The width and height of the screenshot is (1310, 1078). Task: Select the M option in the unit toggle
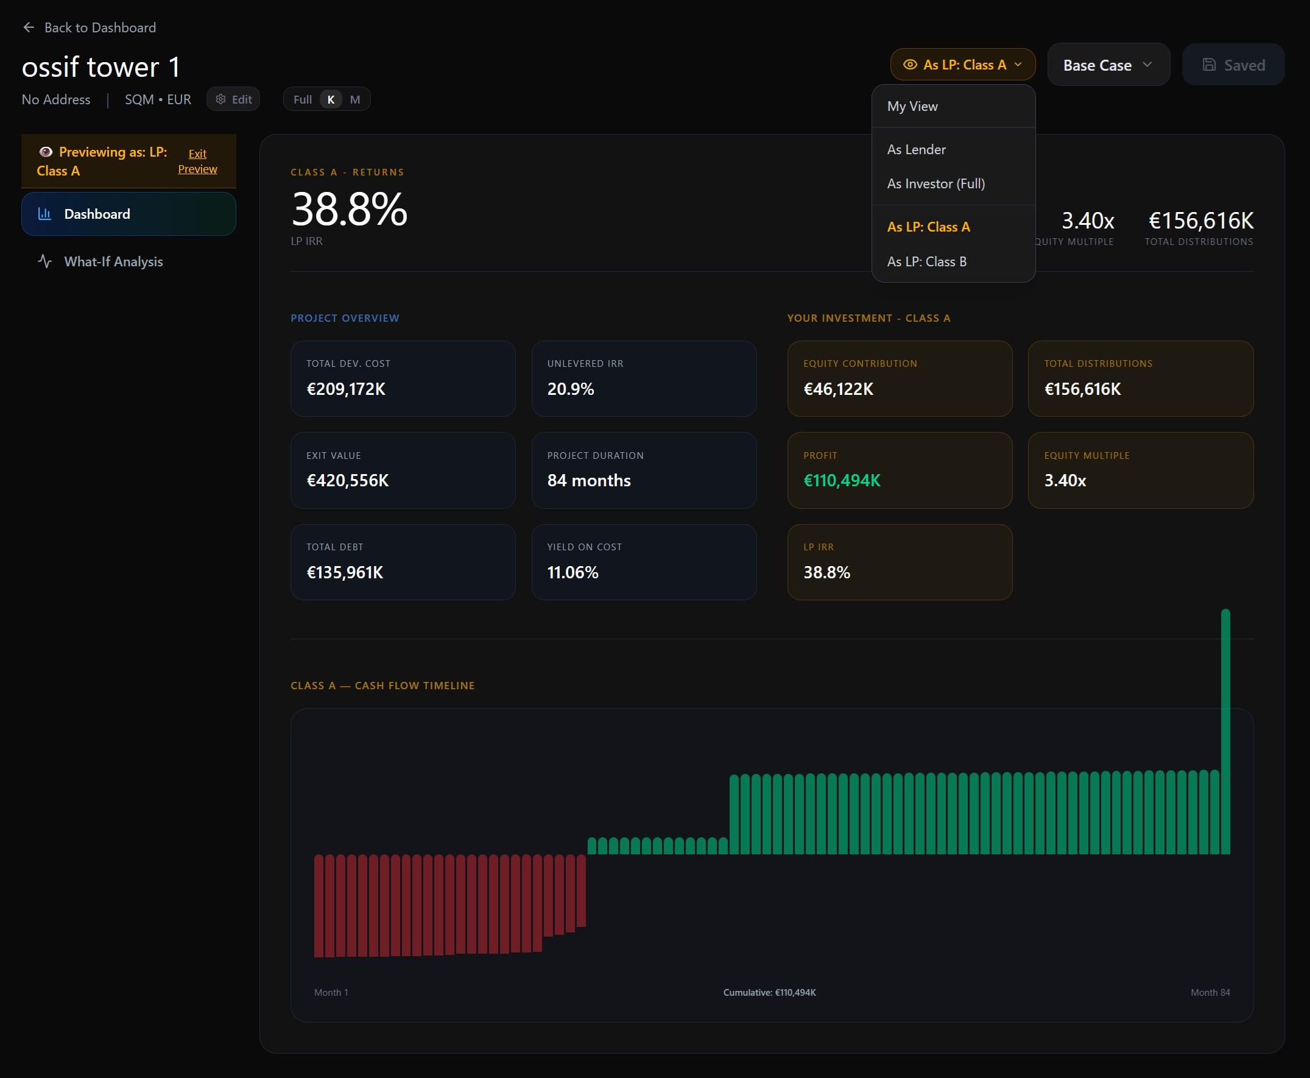pyautogui.click(x=355, y=99)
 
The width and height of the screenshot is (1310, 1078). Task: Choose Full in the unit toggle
pyautogui.click(x=302, y=99)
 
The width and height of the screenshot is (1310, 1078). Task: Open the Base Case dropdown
pyautogui.click(x=1108, y=65)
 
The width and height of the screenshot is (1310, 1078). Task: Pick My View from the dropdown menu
pyautogui.click(x=912, y=106)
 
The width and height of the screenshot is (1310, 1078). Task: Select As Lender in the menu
pyautogui.click(x=916, y=150)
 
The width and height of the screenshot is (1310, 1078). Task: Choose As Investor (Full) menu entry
pyautogui.click(x=935, y=184)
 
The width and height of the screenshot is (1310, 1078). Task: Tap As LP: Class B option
pyautogui.click(x=926, y=261)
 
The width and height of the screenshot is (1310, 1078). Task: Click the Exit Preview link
pyautogui.click(x=197, y=161)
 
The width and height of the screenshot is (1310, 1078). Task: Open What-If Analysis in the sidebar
pyautogui.click(x=113, y=261)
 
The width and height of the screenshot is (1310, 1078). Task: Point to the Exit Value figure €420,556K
pyautogui.click(x=347, y=480)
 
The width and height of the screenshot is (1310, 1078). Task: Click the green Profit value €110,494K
pyautogui.click(x=842, y=480)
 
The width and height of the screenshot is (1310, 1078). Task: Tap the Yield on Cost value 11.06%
pyautogui.click(x=572, y=572)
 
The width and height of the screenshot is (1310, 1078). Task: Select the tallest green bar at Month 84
pyautogui.click(x=1225, y=732)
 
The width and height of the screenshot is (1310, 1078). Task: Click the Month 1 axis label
pyautogui.click(x=331, y=992)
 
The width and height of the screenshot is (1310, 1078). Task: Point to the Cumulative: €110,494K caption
pyautogui.click(x=769, y=992)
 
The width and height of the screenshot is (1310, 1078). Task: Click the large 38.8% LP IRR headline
pyautogui.click(x=349, y=209)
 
